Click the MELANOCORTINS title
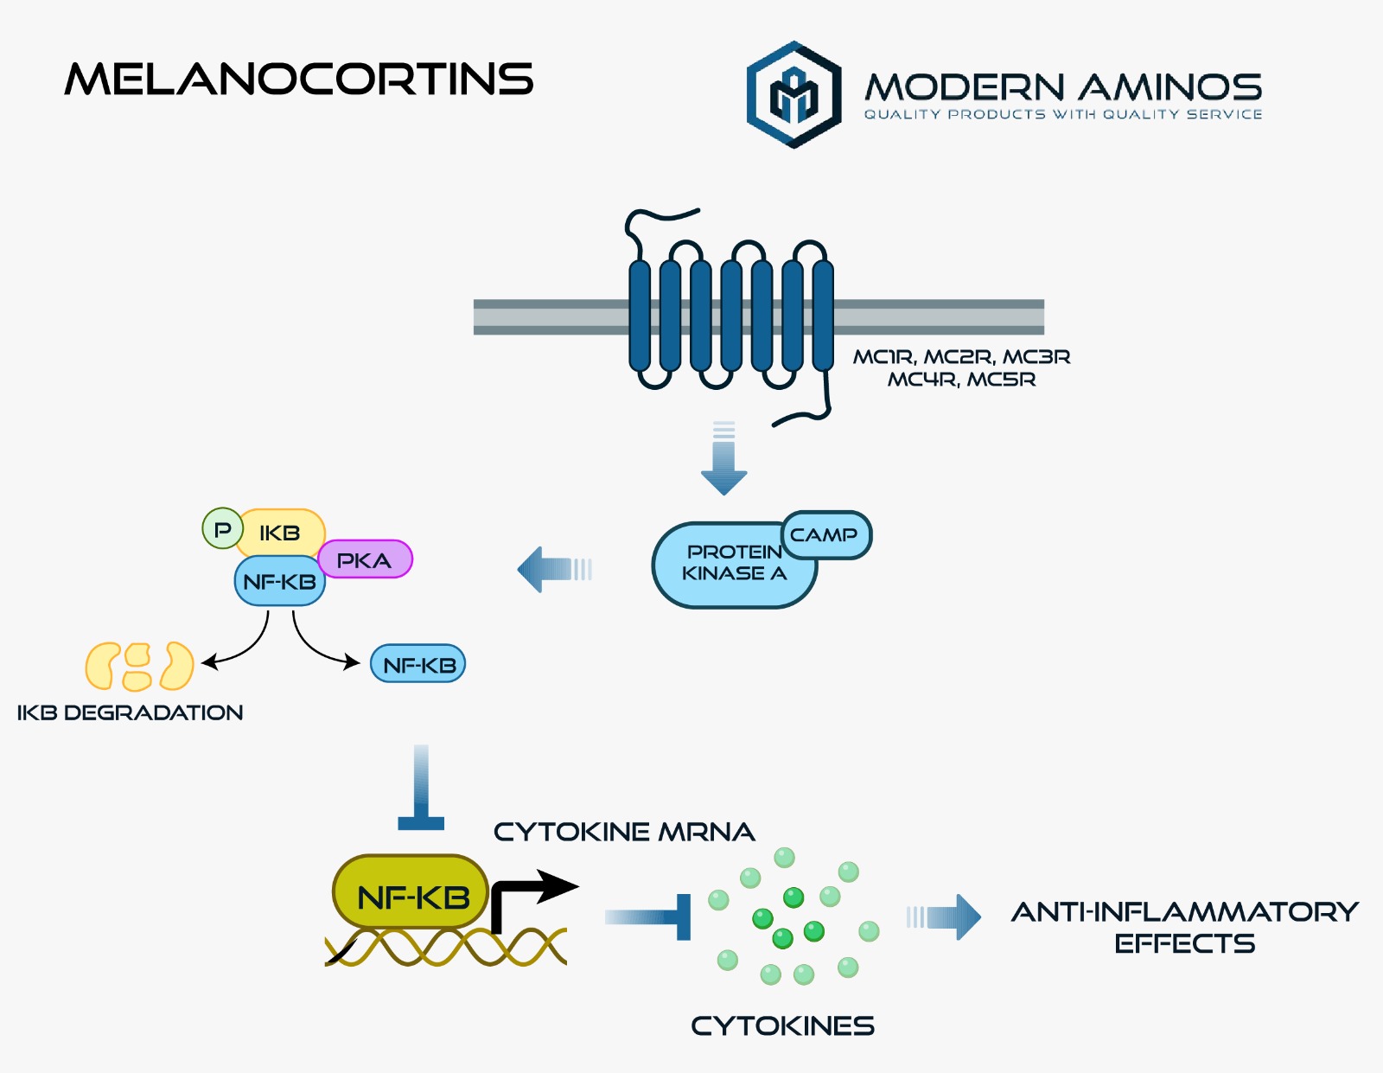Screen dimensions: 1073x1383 299,79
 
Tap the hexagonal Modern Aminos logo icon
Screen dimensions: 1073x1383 793,94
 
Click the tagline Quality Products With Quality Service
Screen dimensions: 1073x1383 1062,114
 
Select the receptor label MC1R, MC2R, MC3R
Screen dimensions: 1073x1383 961,357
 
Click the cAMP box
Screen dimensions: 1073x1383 825,535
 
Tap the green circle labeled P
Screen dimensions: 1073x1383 222,528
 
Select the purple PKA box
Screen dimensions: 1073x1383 364,560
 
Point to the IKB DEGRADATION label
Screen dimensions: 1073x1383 130,712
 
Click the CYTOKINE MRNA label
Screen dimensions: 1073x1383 623,832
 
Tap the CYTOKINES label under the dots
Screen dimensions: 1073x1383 782,1025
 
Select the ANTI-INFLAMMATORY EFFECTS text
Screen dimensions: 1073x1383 1184,927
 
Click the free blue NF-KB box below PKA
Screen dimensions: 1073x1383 417,665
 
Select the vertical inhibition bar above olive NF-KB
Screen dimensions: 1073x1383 421,787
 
